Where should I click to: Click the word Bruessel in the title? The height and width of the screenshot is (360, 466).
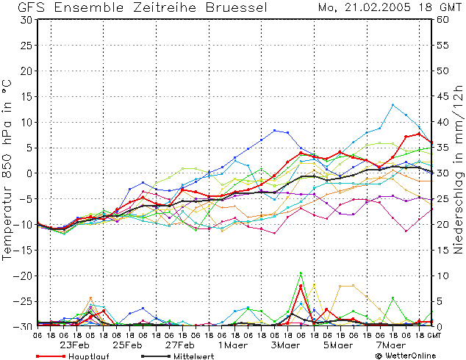pos(236,7)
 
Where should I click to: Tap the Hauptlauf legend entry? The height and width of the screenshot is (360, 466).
pos(73,356)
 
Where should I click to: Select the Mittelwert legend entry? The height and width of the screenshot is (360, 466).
pos(177,356)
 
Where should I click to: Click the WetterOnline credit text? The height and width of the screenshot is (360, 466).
pos(406,356)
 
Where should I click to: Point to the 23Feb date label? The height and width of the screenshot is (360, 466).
pos(74,345)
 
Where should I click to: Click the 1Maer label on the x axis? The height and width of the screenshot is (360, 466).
pos(233,345)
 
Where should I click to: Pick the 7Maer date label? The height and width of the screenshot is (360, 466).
pos(391,345)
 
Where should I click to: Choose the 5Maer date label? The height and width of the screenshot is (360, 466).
pos(338,345)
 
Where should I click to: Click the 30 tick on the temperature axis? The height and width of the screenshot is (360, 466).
pos(26,20)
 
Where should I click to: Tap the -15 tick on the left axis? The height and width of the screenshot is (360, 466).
pos(23,250)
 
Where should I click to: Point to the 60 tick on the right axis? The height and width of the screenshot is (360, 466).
pos(442,20)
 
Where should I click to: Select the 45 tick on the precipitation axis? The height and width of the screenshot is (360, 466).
pos(442,96)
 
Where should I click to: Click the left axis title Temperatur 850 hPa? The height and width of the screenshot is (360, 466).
pos(7,170)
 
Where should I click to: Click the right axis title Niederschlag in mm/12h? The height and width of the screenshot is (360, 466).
pos(458,170)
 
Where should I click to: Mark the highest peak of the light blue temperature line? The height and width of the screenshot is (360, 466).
pos(392,104)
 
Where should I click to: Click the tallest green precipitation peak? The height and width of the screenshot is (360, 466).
pos(301,273)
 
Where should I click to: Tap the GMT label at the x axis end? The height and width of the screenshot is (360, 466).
pos(434,335)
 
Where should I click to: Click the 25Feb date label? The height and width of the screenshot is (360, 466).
pos(127,345)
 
